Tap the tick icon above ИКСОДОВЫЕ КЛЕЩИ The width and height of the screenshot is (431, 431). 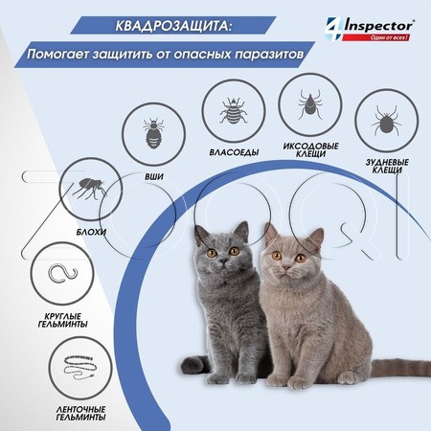click(x=310, y=100)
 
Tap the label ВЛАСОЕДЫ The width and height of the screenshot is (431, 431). click(x=231, y=152)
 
